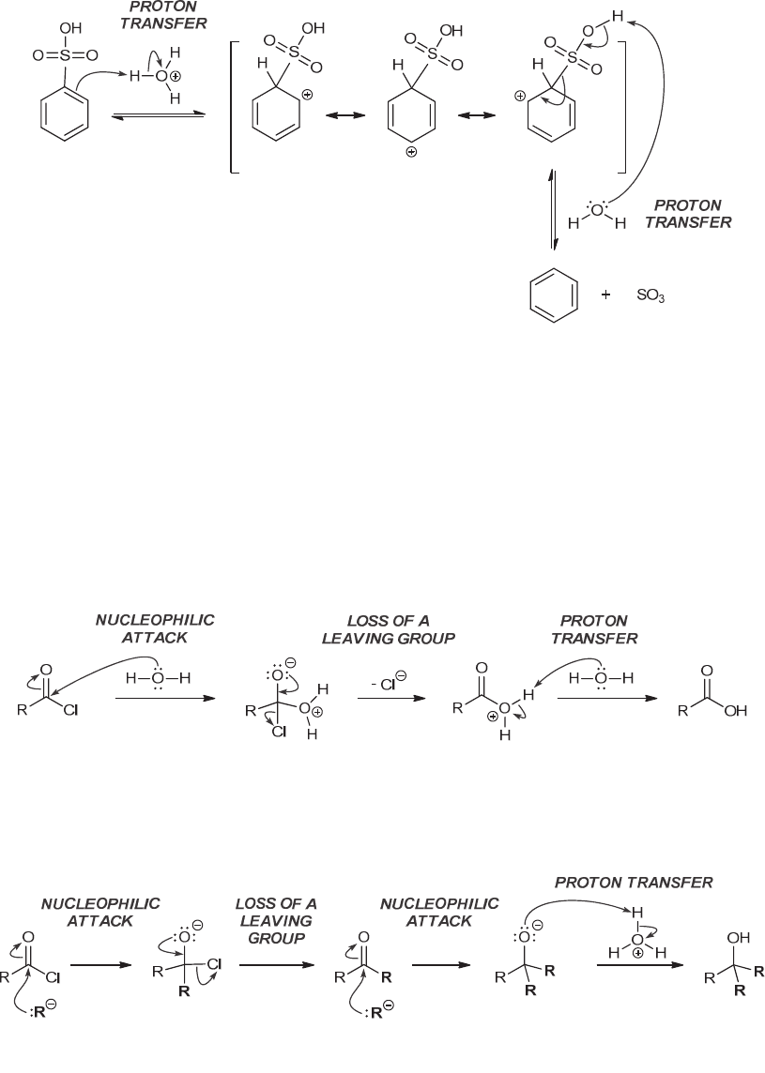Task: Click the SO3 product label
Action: (x=650, y=295)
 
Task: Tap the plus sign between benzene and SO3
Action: (x=605, y=295)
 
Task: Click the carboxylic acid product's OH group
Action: (x=735, y=711)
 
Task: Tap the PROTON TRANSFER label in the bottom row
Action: (x=634, y=883)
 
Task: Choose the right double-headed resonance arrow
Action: (x=476, y=115)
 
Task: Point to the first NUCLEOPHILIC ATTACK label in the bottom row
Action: (x=100, y=911)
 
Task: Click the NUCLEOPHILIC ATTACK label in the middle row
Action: (x=156, y=629)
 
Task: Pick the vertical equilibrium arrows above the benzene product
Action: (x=554, y=210)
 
